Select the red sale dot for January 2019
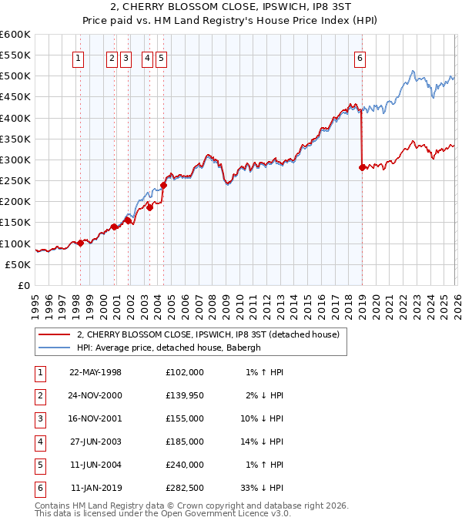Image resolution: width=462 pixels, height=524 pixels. coord(362,167)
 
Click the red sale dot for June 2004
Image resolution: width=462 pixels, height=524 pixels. coord(164,185)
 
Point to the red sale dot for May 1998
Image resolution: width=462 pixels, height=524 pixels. coord(80,243)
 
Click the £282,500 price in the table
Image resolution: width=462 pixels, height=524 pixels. coord(185,488)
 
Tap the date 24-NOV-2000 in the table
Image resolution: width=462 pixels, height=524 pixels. coord(95,395)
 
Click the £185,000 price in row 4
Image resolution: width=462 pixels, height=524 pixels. coord(185,442)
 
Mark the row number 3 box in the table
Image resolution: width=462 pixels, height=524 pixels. coord(39,418)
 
